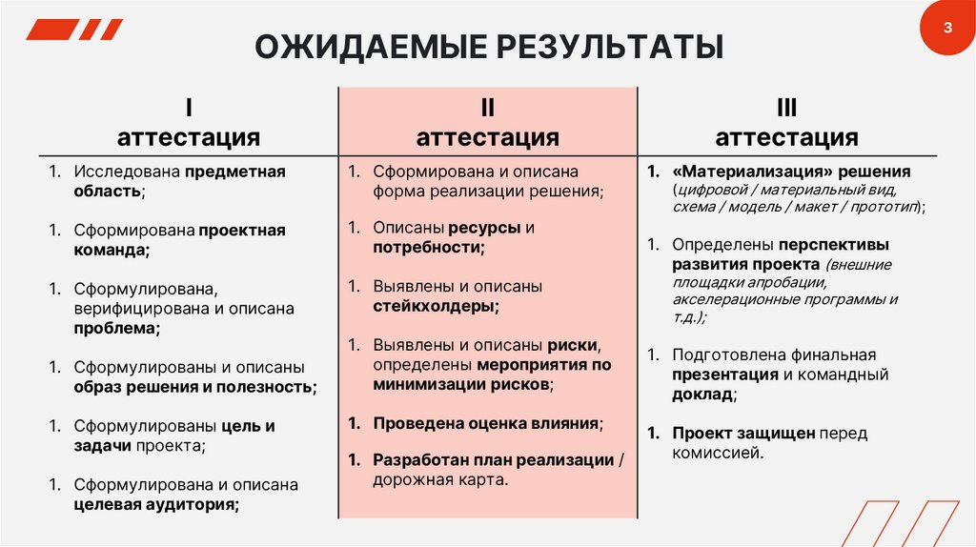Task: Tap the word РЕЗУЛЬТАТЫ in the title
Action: click(590, 48)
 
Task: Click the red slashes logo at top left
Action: click(74, 30)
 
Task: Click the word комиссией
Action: click(717, 453)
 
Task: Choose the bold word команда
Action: click(112, 250)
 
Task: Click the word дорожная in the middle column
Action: click(407, 479)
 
